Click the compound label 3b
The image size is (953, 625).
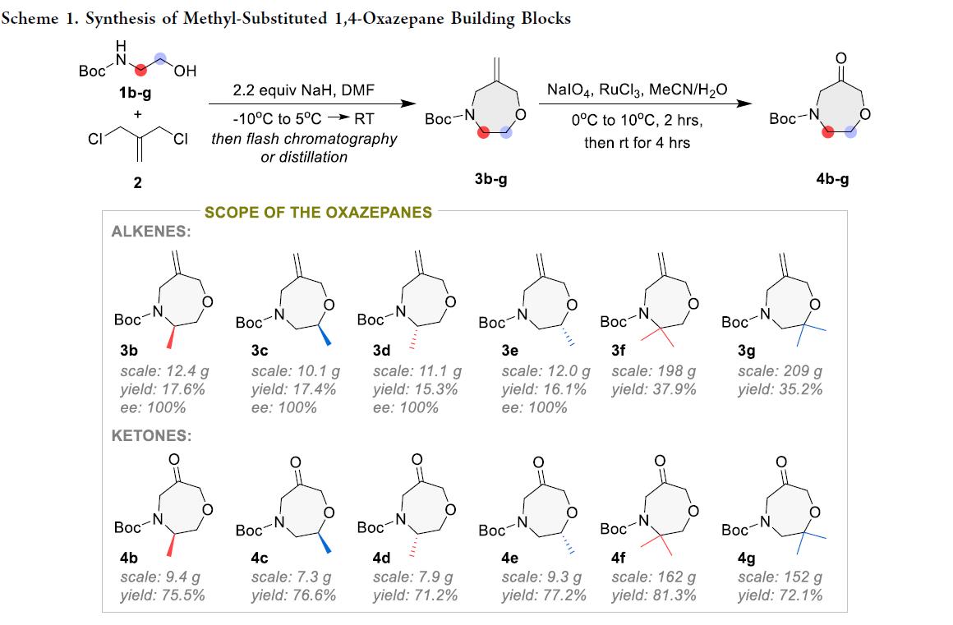[x=129, y=351]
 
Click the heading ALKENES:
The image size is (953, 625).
[x=151, y=232]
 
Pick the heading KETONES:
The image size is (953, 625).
[x=151, y=435]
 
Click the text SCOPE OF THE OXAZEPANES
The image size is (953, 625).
[x=318, y=213]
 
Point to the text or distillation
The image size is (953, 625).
[x=303, y=157]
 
